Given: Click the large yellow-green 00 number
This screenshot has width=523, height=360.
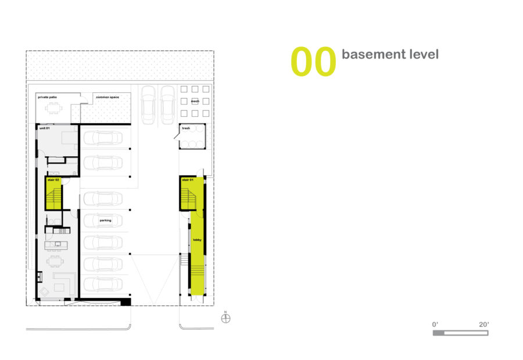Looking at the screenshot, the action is [313, 62].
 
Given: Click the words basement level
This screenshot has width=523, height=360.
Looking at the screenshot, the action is [390, 55].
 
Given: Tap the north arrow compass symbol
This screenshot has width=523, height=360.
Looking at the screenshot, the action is [226, 318].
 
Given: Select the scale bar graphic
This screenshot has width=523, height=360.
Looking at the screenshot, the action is [460, 333].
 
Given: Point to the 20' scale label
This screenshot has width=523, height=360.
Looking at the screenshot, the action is [483, 325].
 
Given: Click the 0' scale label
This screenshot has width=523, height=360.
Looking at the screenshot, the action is [435, 325].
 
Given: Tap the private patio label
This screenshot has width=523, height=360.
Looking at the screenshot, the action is [48, 97].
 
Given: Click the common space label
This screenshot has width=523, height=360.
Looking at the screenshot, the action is [108, 97].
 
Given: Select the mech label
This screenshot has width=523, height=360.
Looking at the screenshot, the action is [195, 101].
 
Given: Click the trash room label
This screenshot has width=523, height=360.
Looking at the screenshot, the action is [186, 128].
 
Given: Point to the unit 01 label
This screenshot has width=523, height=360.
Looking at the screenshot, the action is [44, 128].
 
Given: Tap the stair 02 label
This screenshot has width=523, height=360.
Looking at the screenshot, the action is [53, 180].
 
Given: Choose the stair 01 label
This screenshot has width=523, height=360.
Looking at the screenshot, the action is [188, 180].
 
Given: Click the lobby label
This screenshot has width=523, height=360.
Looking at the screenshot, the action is [197, 240].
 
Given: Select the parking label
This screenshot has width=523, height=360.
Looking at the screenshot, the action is [105, 220].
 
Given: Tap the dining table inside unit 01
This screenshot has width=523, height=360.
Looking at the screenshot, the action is [55, 261].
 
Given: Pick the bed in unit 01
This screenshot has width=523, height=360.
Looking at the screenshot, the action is [69, 137].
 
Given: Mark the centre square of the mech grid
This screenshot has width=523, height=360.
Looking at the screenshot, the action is [195, 102].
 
